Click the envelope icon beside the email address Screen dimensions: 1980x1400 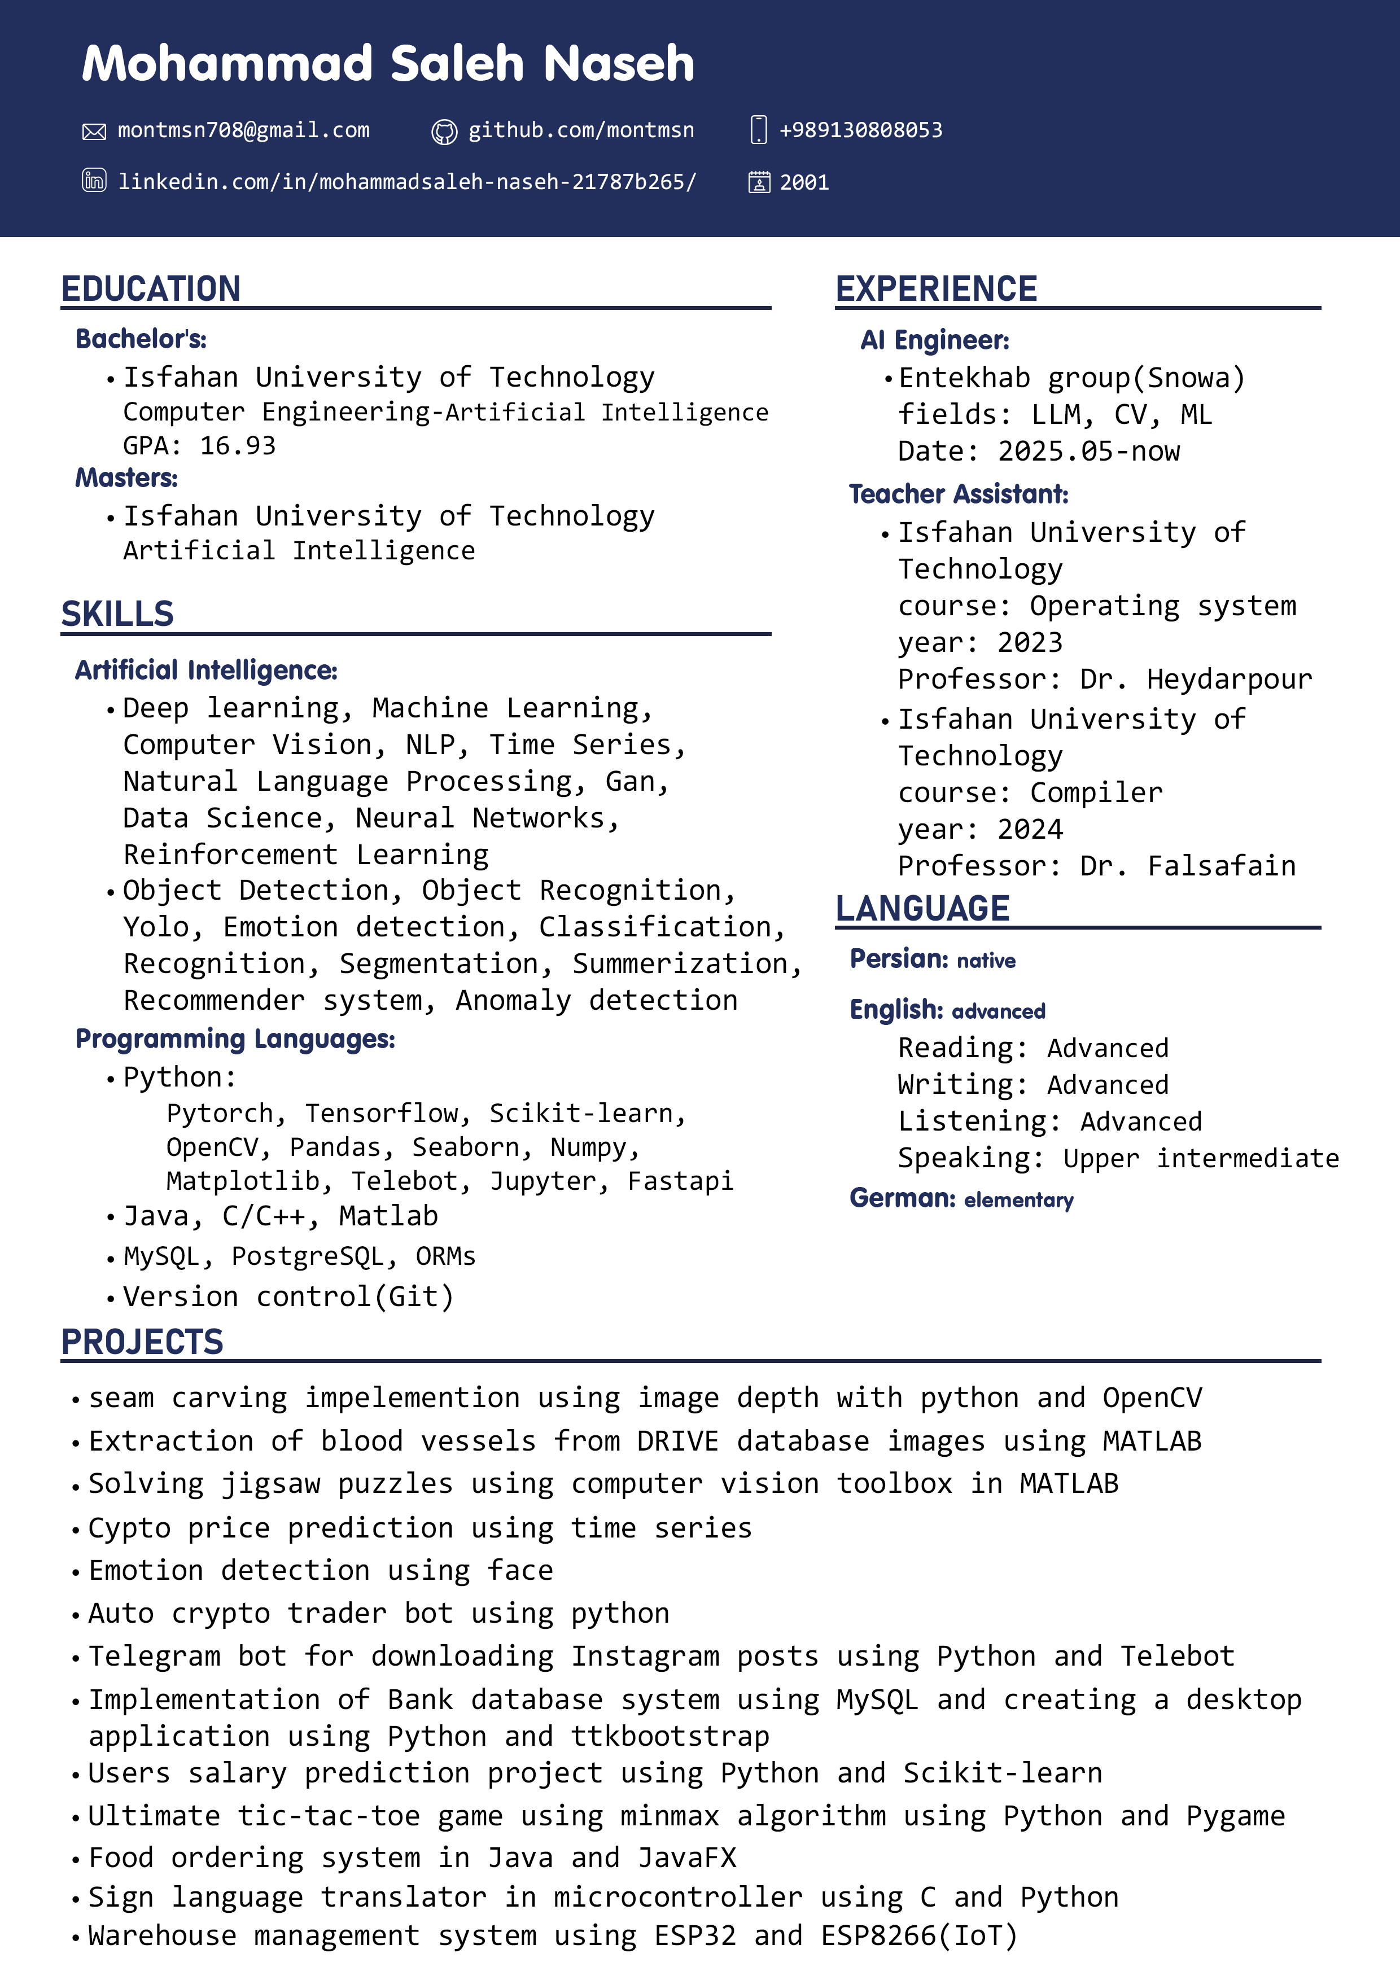94,131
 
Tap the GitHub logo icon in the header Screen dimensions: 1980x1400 444,131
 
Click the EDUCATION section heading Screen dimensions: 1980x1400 151,289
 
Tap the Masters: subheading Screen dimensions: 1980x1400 127,478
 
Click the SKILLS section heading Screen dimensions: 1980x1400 117,614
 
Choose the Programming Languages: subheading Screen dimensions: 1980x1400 235,1039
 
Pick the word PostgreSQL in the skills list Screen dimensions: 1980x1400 306,1256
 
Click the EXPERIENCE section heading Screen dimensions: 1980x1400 936,289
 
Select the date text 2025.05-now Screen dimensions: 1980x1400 1088,451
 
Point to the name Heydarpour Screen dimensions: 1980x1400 1228,680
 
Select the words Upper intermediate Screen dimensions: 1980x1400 1201,1158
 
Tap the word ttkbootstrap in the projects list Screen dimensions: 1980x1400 670,1736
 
